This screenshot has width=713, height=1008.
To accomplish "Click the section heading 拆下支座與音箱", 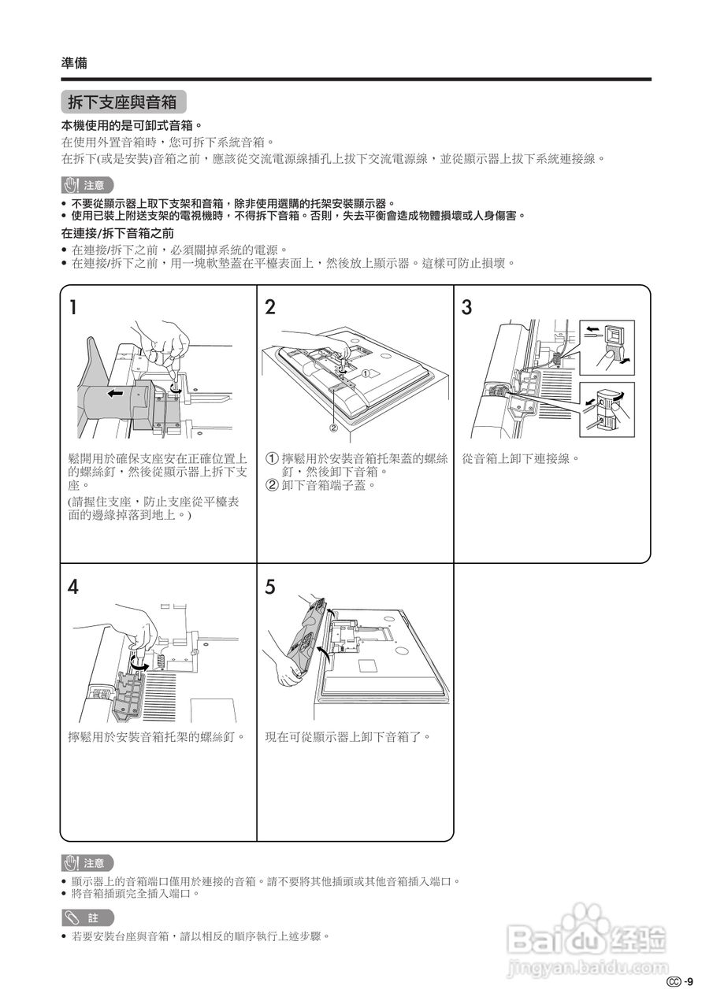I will coord(123,102).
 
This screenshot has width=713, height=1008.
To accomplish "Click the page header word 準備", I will coord(74,63).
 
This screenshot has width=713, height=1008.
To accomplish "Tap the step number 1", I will coord(72,307).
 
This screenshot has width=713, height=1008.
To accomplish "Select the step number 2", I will coord(270,307).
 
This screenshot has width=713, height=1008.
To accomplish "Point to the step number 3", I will coord(466,307).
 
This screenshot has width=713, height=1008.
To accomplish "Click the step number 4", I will coord(72,587).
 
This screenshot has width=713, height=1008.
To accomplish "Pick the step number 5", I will coord(270,587).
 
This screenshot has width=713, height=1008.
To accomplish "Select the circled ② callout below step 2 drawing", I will coord(333,428).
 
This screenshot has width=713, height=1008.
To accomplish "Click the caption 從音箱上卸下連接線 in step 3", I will coord(521,458).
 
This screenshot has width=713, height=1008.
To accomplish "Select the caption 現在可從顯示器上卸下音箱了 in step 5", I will coord(348,738).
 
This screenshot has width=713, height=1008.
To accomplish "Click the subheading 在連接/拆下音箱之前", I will coord(117,234).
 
